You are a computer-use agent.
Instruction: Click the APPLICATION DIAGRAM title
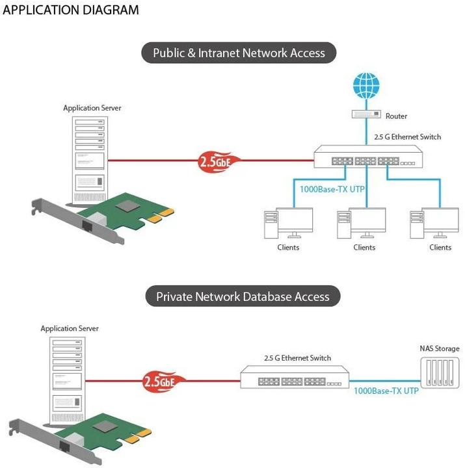coord(71,10)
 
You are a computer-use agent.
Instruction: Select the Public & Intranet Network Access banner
coord(239,53)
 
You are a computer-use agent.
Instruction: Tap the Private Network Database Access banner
coord(243,297)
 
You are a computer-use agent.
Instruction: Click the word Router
coord(396,116)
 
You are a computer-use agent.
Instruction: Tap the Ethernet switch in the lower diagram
coord(294,377)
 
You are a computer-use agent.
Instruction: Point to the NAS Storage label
coord(439,348)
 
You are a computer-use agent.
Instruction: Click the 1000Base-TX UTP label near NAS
coord(386,392)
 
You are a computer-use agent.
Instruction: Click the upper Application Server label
coord(92,108)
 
